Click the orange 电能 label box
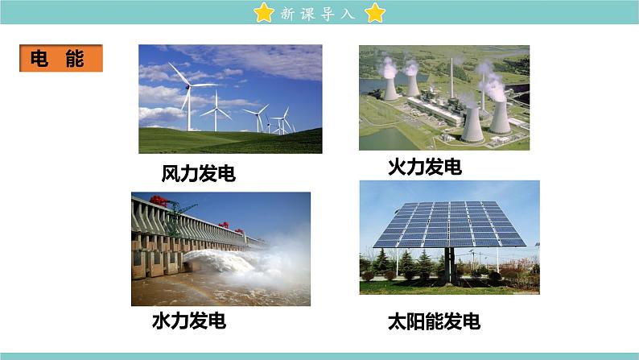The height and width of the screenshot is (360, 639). click(61, 58)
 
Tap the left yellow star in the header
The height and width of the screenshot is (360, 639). click(264, 12)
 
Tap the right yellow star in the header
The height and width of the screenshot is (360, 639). click(375, 12)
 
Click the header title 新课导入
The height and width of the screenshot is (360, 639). click(318, 14)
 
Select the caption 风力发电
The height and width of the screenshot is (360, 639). click(199, 173)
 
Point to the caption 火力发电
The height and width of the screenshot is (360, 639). click(425, 168)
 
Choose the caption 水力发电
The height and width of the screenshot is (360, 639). click(189, 321)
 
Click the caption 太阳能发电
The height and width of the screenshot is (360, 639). click(434, 321)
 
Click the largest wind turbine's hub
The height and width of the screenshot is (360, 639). click(188, 86)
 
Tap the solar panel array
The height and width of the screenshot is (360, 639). click(449, 224)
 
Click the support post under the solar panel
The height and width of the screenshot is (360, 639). click(450, 266)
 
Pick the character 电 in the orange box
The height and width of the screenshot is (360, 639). click(39, 58)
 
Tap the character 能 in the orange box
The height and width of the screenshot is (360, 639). click(75, 58)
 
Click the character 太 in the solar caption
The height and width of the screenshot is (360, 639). click(397, 321)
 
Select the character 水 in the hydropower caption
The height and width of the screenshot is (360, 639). click(161, 321)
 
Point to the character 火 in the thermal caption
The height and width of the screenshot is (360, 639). click(397, 168)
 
